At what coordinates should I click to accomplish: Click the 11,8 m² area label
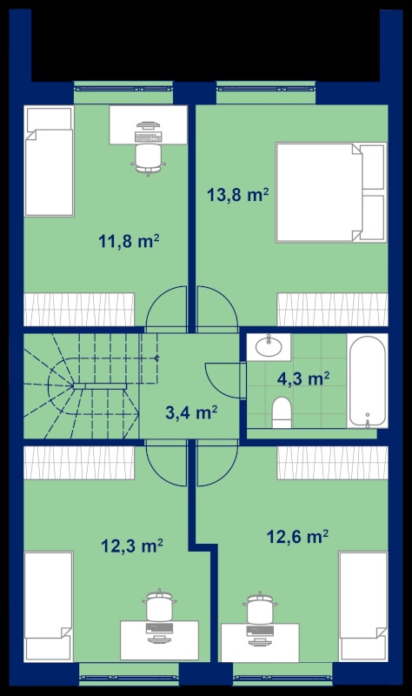(129, 242)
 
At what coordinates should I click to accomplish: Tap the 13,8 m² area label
(238, 194)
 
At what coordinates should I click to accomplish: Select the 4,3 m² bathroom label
(302, 379)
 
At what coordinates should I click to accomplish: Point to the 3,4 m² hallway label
(191, 412)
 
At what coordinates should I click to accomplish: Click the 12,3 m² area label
(132, 545)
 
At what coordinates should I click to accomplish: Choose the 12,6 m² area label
(297, 537)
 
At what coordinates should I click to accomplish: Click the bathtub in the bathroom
(367, 381)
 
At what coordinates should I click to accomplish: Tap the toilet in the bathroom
(282, 412)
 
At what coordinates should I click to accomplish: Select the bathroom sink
(269, 347)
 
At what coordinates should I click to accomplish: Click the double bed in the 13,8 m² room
(331, 192)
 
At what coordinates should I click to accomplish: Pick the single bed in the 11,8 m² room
(49, 161)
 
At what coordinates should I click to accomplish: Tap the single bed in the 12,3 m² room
(49, 606)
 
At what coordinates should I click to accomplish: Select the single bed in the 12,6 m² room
(363, 606)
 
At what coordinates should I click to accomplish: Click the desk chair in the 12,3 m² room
(159, 606)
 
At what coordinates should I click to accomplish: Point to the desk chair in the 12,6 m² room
(261, 607)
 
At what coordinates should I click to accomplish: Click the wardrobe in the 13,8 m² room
(332, 310)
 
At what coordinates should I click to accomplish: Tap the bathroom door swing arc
(222, 380)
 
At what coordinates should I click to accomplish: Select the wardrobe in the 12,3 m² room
(79, 463)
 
